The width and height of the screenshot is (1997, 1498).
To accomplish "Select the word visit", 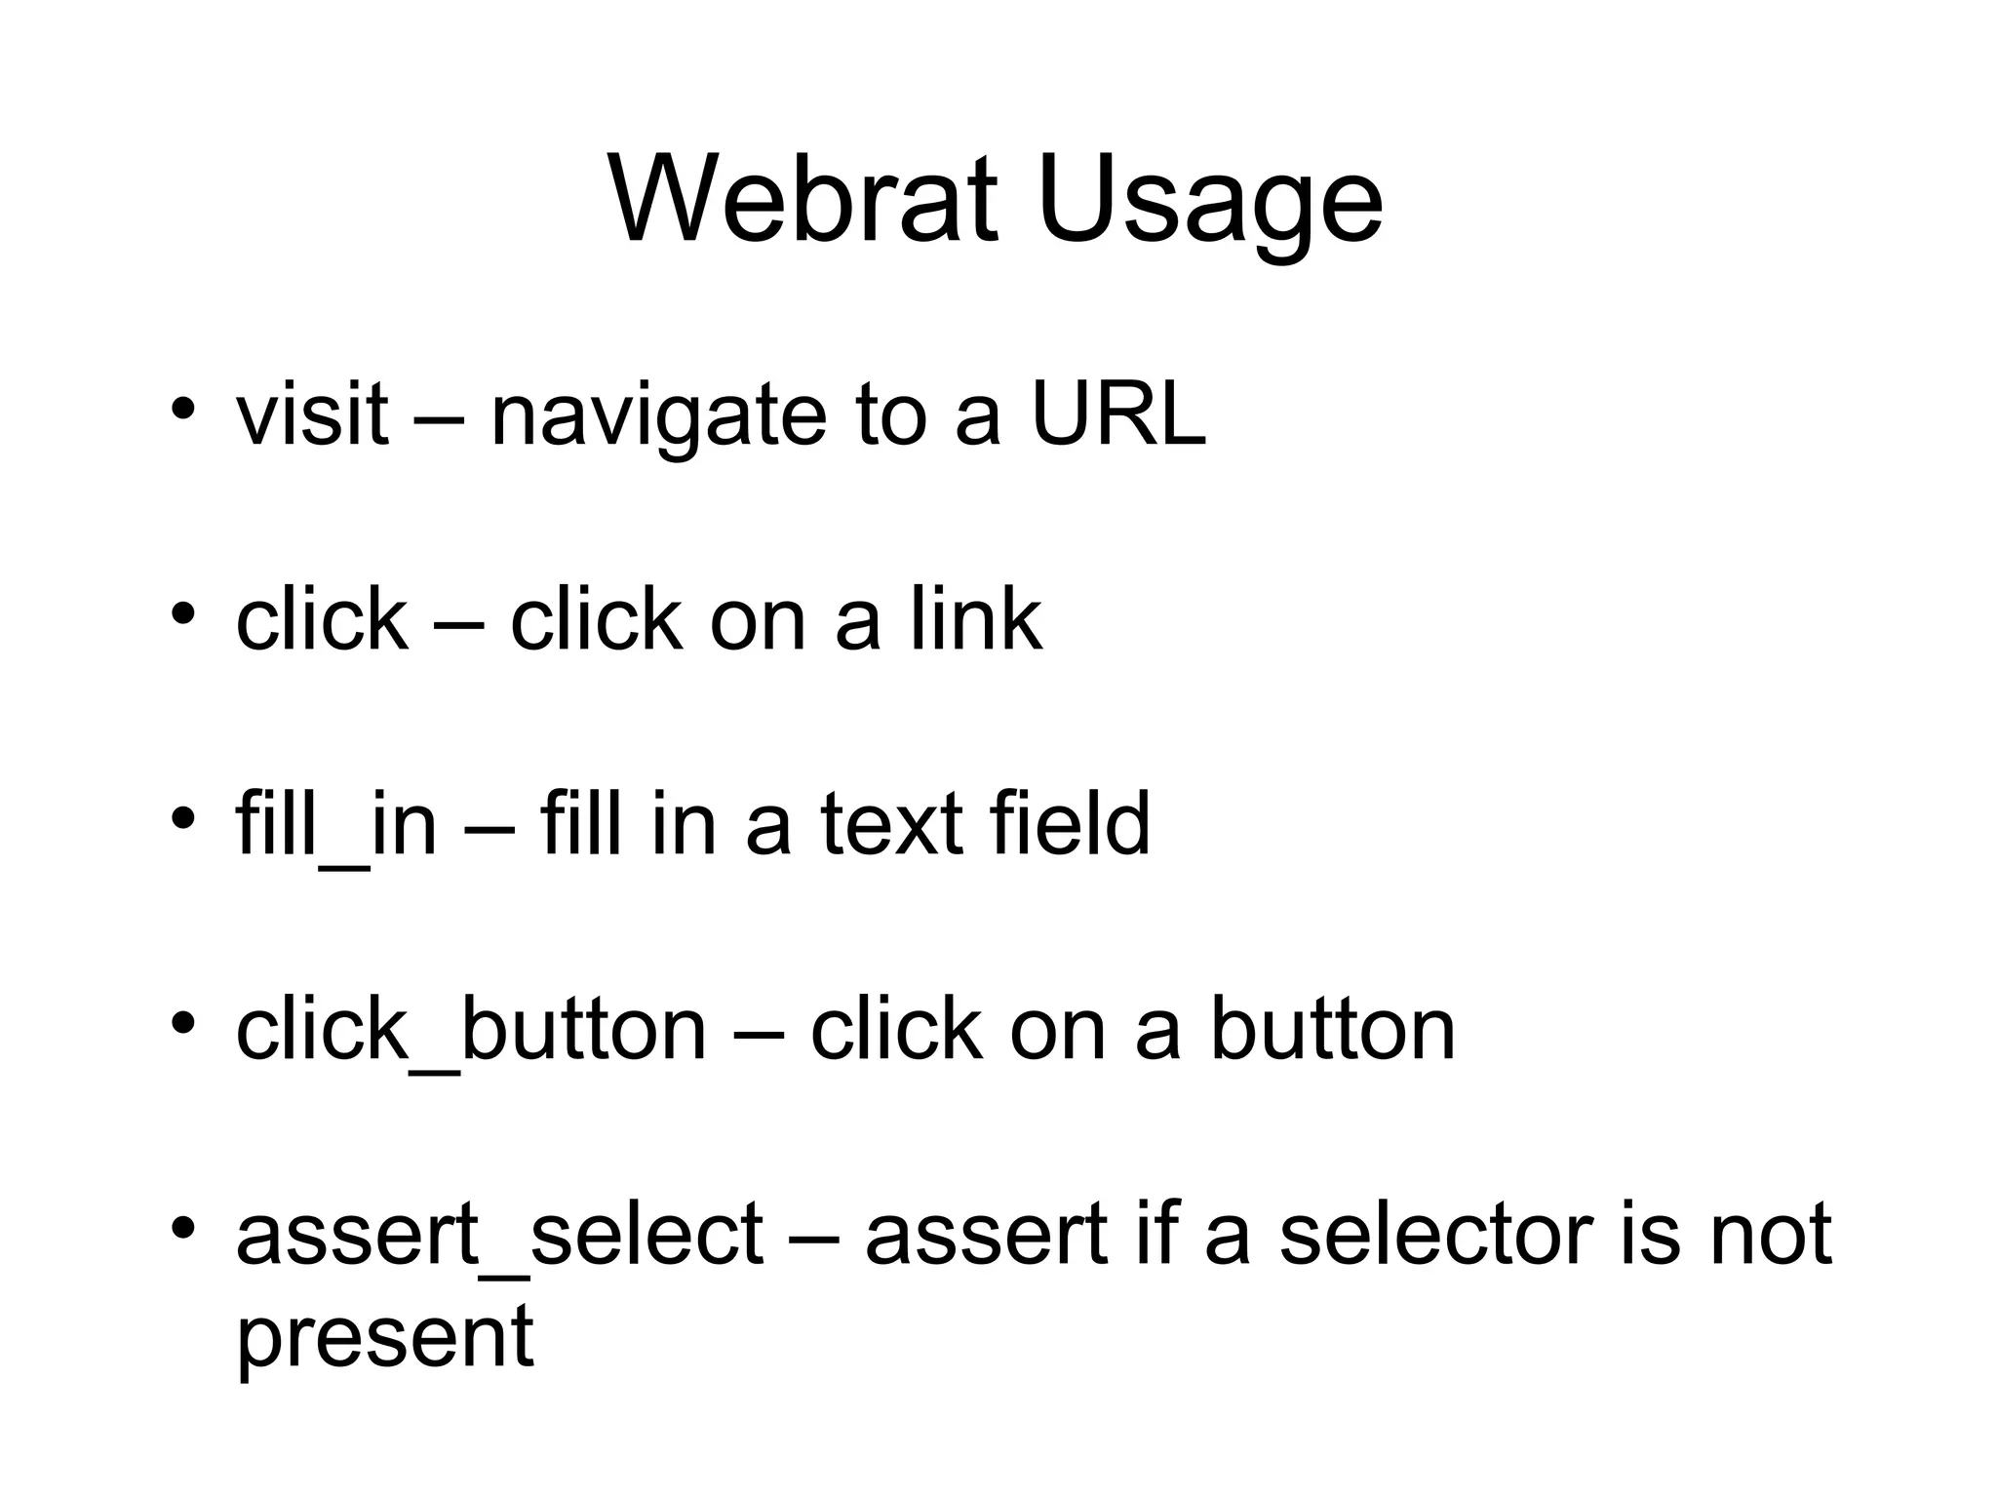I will point(312,414).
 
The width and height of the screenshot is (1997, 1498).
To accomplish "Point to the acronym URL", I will point(1118,414).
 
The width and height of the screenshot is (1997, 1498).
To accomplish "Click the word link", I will point(976,618).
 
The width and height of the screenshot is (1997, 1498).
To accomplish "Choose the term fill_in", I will point(335,824).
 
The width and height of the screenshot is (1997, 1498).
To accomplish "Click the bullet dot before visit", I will point(182,408).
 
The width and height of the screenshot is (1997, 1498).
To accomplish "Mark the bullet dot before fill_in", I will point(182,817).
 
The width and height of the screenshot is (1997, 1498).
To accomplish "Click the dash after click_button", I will point(758,1032).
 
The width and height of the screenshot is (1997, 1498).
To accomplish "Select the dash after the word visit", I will point(439,417).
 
